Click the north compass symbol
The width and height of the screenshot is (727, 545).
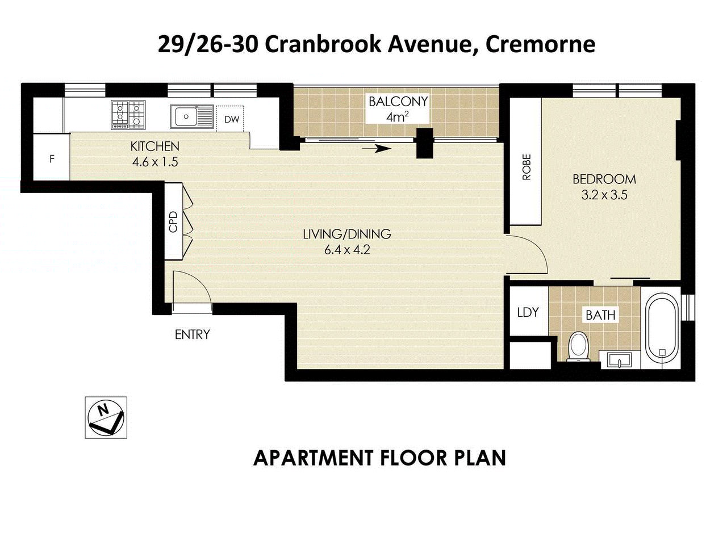click(106, 417)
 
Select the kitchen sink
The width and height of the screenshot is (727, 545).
click(186, 117)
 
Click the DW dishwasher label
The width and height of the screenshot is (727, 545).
click(231, 120)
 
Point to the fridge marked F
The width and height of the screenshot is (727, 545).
click(52, 159)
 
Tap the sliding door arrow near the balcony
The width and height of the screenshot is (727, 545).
click(376, 149)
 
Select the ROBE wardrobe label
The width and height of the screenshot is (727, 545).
click(526, 167)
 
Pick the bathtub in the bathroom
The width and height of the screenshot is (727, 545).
click(661, 326)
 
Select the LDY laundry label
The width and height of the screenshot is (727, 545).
click(528, 312)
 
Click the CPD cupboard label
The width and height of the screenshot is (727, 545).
click(174, 221)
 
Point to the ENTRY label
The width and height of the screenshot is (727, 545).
click(192, 334)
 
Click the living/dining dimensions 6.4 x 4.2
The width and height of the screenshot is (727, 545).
click(347, 250)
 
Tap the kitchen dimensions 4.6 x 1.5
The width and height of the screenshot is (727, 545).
click(155, 162)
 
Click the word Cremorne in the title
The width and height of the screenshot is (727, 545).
click(540, 44)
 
